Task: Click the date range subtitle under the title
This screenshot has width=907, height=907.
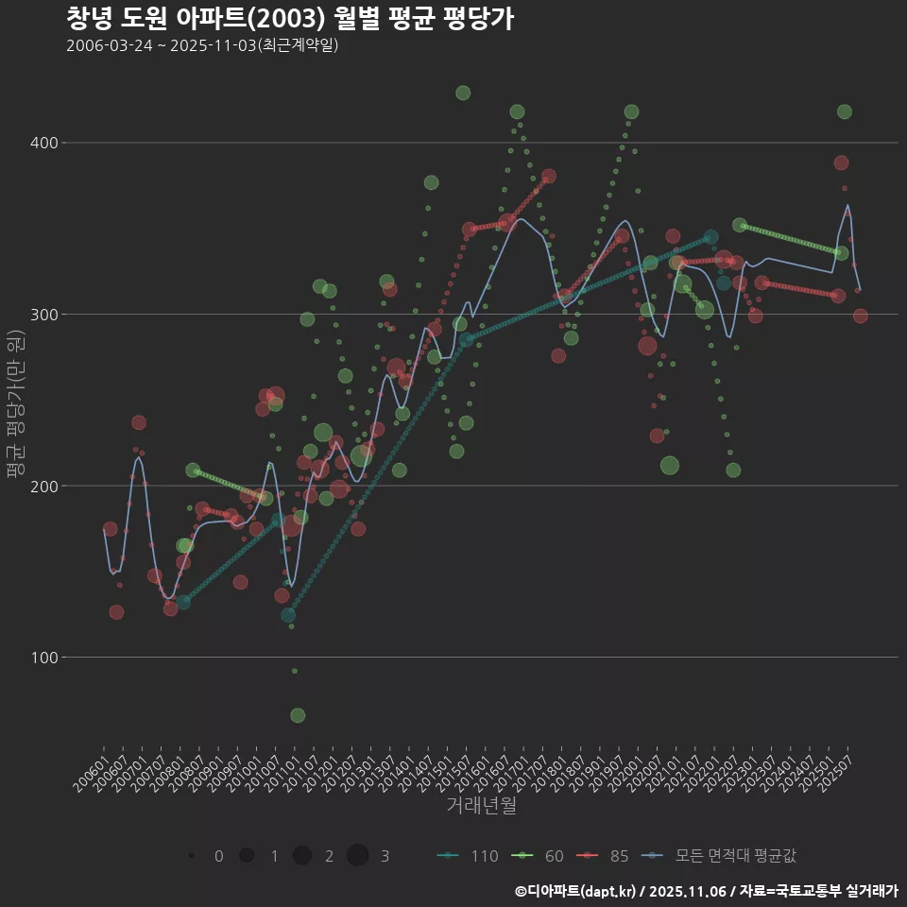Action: (x=202, y=45)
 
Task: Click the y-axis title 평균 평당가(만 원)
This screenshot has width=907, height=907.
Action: (x=14, y=406)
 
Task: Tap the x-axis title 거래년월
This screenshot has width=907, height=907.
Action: (x=481, y=806)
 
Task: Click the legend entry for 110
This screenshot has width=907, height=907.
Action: (x=469, y=856)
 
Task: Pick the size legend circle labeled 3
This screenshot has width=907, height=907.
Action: (x=357, y=856)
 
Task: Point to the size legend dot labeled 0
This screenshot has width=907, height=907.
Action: (x=192, y=856)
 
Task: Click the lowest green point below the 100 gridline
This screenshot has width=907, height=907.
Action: (x=298, y=715)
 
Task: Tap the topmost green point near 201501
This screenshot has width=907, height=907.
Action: (x=463, y=93)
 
